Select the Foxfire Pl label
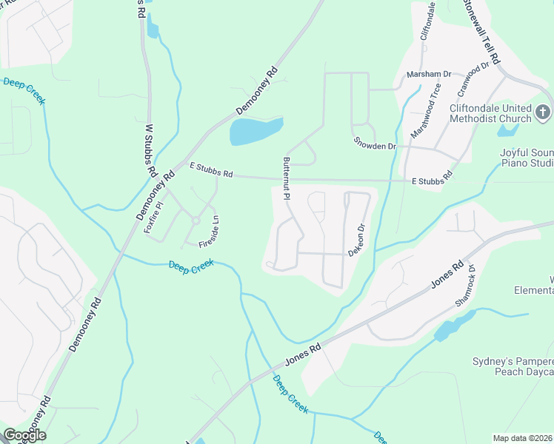(153, 221)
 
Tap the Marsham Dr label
(429, 75)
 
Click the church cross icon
(543, 112)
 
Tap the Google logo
(25, 434)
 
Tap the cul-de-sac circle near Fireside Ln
(196, 220)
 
